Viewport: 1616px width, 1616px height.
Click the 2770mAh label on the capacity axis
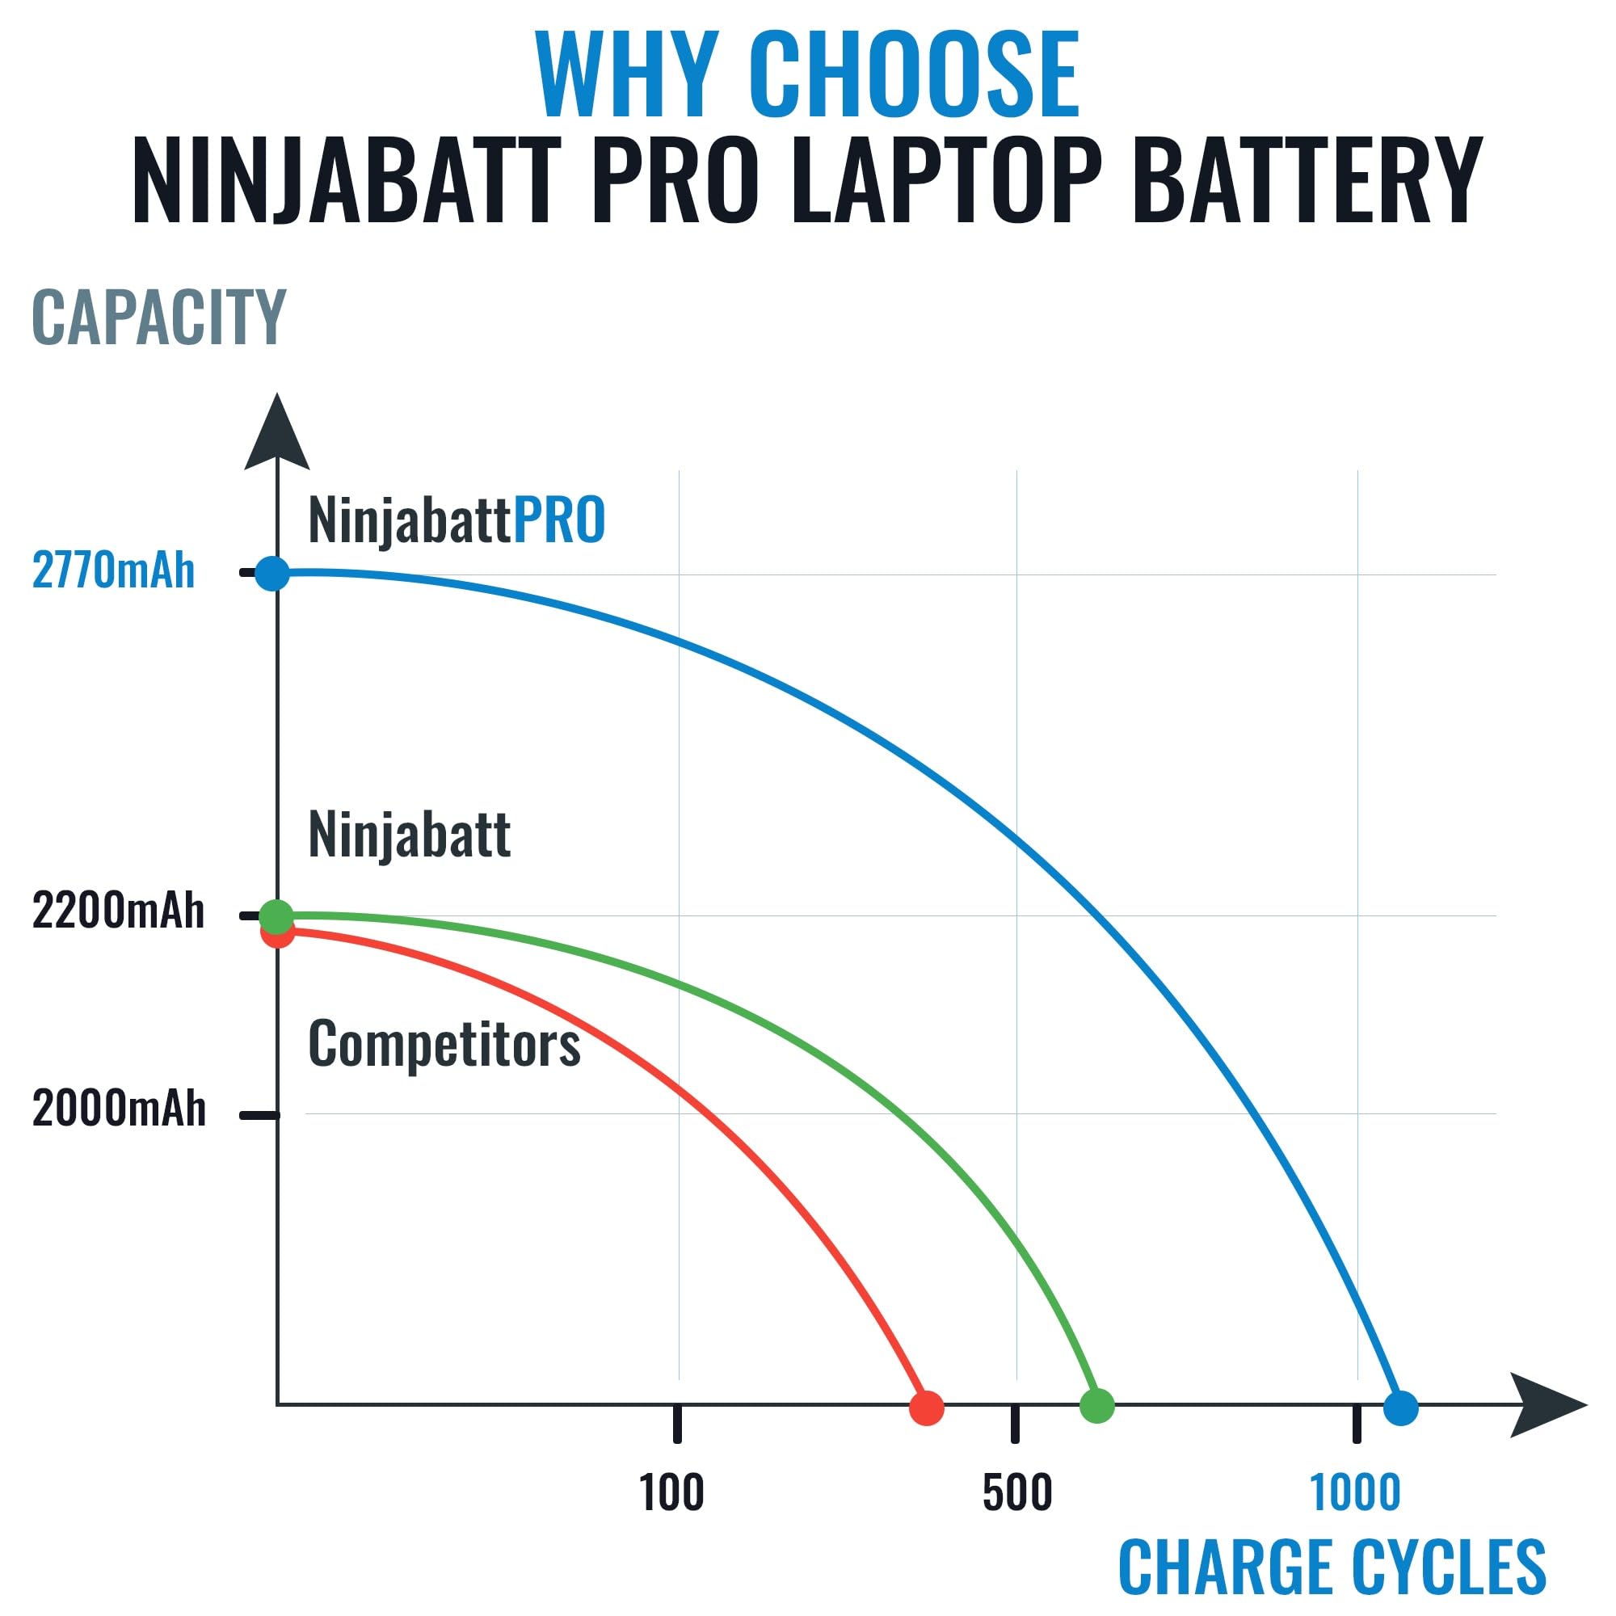tap(113, 571)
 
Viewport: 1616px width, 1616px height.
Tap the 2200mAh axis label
tap(118, 911)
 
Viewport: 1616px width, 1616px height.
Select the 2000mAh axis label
tap(119, 1109)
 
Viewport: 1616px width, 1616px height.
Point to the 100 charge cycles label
tap(671, 1492)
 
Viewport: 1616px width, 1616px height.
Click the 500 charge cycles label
tap(1016, 1492)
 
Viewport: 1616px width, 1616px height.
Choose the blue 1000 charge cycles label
tap(1354, 1492)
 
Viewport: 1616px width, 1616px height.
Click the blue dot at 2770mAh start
tap(271, 574)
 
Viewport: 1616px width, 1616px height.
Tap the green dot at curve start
tap(277, 917)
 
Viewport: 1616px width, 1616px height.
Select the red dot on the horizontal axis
tap(927, 1408)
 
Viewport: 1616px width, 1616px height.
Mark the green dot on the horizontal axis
tap(1097, 1406)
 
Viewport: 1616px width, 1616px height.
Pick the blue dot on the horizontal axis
tap(1401, 1408)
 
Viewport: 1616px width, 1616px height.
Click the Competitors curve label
tap(444, 1044)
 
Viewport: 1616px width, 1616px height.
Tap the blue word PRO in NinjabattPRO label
tap(559, 520)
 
